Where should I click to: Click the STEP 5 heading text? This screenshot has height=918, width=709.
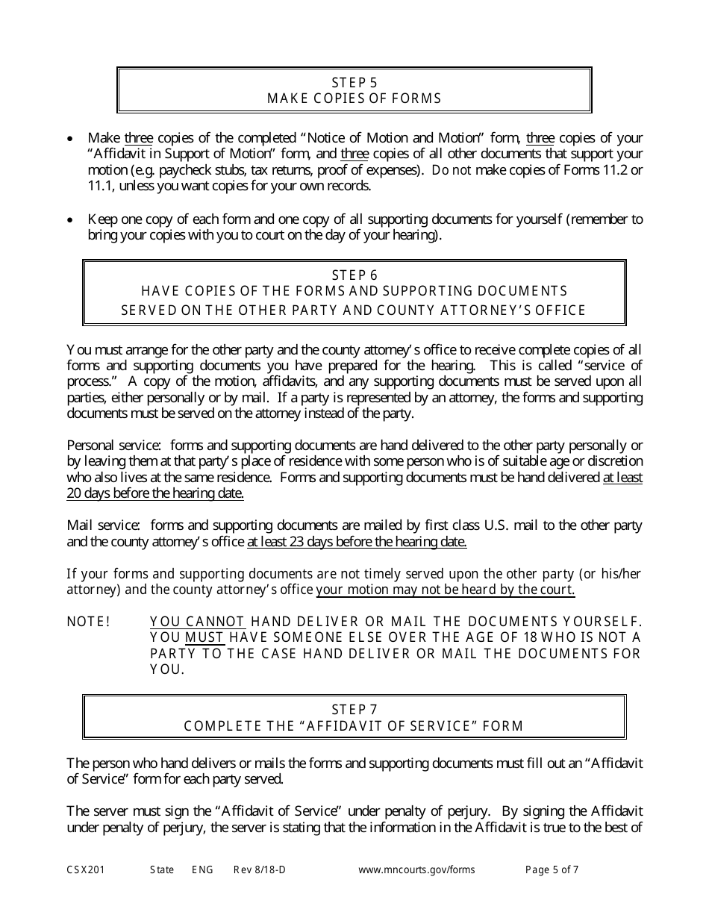coord(354,82)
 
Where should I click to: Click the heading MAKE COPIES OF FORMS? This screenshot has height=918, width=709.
coord(354,99)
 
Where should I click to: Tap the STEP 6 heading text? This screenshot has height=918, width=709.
coord(354,275)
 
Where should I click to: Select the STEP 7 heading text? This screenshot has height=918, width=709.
coord(354,710)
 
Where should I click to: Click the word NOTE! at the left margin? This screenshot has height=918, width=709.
coord(89,622)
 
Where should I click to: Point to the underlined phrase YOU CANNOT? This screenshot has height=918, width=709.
coord(197,622)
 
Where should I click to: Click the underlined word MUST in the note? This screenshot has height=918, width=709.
coord(205,637)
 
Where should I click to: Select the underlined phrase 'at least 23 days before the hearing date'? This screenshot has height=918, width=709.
coord(357,543)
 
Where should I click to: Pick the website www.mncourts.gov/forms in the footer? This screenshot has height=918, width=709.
coord(416,869)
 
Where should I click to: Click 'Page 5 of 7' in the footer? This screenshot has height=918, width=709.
coord(552,869)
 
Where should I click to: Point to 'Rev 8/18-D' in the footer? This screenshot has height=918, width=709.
coord(259,869)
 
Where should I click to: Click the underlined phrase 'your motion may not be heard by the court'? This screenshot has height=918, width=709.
coord(446,590)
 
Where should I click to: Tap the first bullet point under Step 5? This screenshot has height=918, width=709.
coord(71,139)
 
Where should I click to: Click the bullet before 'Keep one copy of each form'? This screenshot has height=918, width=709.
coord(71,220)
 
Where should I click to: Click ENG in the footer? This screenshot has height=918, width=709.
coord(202,869)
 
